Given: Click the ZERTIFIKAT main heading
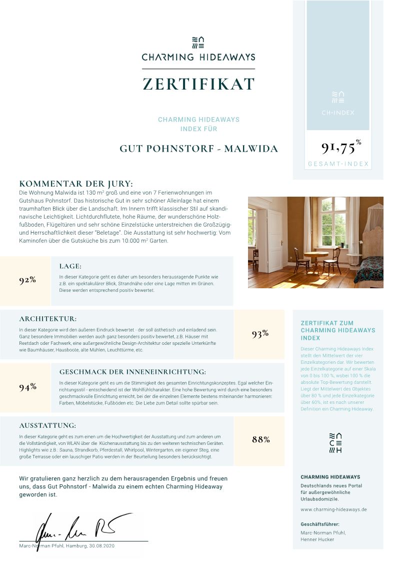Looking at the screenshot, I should coord(198,84).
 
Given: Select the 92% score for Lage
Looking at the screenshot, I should coord(27,280).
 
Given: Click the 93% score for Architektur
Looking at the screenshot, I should coord(260,334).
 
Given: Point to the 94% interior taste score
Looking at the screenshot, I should coord(27,387).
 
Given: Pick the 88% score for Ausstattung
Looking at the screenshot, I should coord(260,439).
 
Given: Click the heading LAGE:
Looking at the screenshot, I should coord(70,266).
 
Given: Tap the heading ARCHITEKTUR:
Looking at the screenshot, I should coord(48,319).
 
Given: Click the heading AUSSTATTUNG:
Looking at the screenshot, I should coord(47,425).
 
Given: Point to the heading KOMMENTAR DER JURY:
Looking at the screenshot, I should coord(75,184).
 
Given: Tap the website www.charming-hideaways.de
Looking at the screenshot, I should coord(333,509).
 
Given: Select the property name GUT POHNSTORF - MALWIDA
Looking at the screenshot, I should coord(198,149).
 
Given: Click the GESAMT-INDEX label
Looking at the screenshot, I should coord(338,164).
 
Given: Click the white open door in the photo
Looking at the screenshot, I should coord(274,240).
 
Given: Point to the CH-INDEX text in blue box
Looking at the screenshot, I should coord(338,113).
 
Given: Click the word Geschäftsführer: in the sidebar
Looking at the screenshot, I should coord(320,524).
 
